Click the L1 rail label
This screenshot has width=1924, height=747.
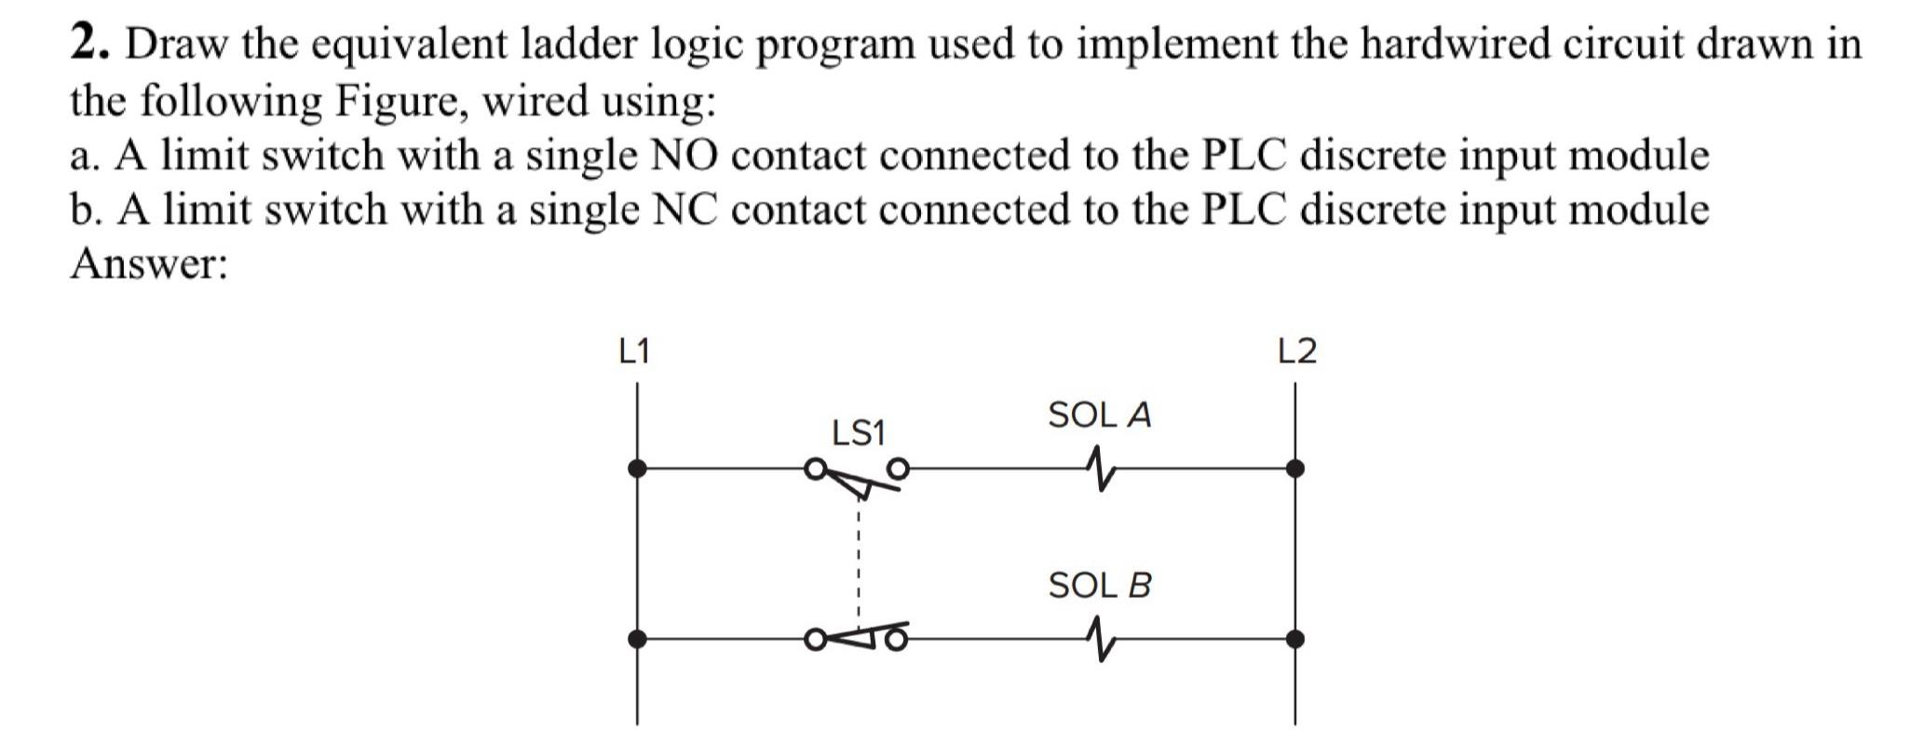click(x=634, y=352)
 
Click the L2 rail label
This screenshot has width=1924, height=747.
click(x=1297, y=352)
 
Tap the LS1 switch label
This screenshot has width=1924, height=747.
click(x=858, y=433)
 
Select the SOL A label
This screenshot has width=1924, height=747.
click(x=1099, y=415)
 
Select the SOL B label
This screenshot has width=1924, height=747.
click(x=1099, y=586)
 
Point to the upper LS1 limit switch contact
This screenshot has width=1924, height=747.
click(x=858, y=476)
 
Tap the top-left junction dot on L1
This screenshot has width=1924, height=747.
click(x=637, y=469)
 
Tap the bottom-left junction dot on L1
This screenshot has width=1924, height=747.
click(x=637, y=639)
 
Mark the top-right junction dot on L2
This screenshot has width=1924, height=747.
click(x=1294, y=469)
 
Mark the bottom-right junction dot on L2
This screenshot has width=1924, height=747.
click(x=1294, y=639)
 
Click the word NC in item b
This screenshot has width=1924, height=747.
click(x=684, y=209)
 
